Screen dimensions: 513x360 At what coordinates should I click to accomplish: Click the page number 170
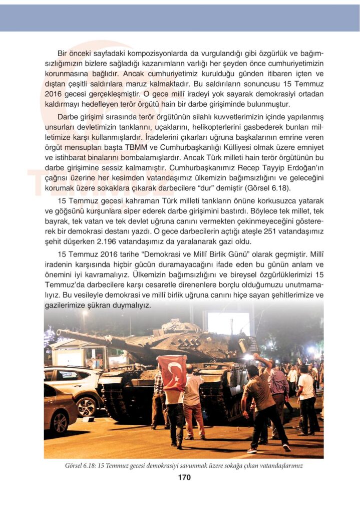tap(184, 477)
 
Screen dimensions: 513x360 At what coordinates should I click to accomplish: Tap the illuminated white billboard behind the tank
tap(228, 323)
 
